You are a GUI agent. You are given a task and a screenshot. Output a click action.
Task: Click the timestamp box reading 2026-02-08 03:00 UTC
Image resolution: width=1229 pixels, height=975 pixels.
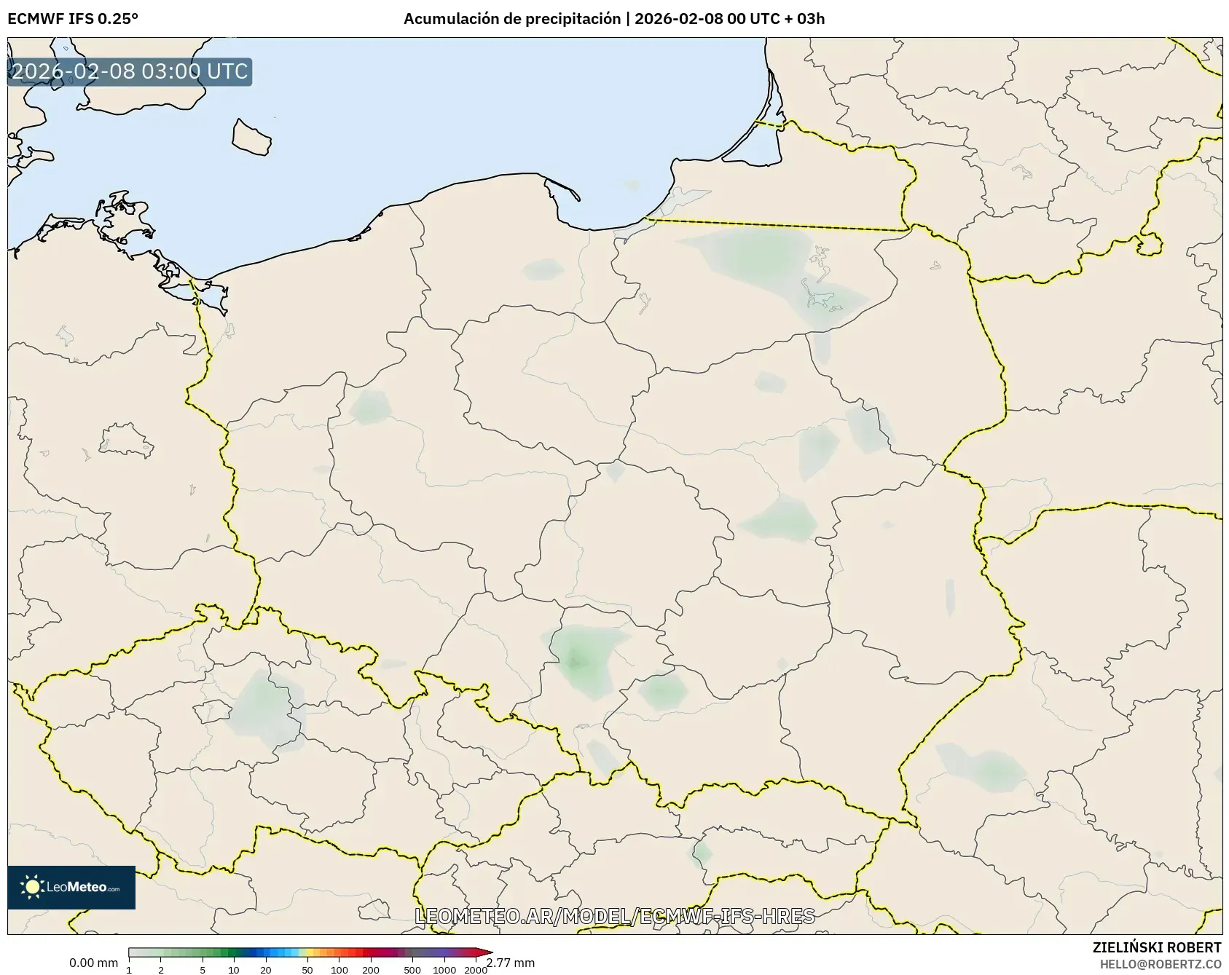click(x=130, y=71)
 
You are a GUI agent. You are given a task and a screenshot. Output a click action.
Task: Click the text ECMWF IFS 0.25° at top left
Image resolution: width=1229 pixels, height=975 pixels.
click(x=73, y=19)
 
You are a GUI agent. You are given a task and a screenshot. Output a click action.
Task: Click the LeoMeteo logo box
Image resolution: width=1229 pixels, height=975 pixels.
click(x=71, y=887)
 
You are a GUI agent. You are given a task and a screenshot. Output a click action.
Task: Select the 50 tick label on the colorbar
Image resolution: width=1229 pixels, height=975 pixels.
click(x=307, y=970)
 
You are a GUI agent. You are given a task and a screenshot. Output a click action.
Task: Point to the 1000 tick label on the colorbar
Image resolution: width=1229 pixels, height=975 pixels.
click(x=444, y=970)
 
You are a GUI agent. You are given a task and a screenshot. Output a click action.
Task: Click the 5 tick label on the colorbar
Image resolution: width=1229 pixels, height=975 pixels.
click(x=203, y=970)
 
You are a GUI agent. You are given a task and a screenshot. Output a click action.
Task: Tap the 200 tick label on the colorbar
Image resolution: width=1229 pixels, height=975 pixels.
click(x=371, y=970)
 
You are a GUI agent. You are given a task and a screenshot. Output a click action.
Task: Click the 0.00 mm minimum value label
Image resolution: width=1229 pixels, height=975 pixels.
click(x=93, y=963)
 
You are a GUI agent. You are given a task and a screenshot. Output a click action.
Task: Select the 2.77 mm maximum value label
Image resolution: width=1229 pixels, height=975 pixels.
click(x=511, y=963)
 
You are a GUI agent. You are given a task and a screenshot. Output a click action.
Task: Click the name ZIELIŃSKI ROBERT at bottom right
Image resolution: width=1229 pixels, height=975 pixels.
click(x=1157, y=947)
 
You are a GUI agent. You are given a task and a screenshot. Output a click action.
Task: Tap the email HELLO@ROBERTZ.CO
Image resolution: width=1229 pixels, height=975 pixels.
click(x=1161, y=964)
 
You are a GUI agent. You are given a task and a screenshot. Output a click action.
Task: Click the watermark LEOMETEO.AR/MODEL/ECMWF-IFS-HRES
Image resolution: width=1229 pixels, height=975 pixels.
click(x=614, y=916)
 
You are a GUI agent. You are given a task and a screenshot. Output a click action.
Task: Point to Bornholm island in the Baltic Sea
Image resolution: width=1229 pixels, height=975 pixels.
click(x=251, y=137)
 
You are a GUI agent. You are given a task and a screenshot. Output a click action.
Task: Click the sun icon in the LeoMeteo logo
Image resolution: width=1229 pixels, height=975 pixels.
click(x=33, y=887)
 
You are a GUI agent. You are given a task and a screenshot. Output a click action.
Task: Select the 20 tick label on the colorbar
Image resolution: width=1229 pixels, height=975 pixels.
click(x=266, y=970)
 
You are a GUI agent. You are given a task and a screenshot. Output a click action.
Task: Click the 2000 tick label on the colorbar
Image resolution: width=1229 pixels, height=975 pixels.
click(x=476, y=970)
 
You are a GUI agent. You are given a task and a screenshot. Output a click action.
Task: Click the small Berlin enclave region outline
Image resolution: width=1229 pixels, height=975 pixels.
click(x=126, y=441)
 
